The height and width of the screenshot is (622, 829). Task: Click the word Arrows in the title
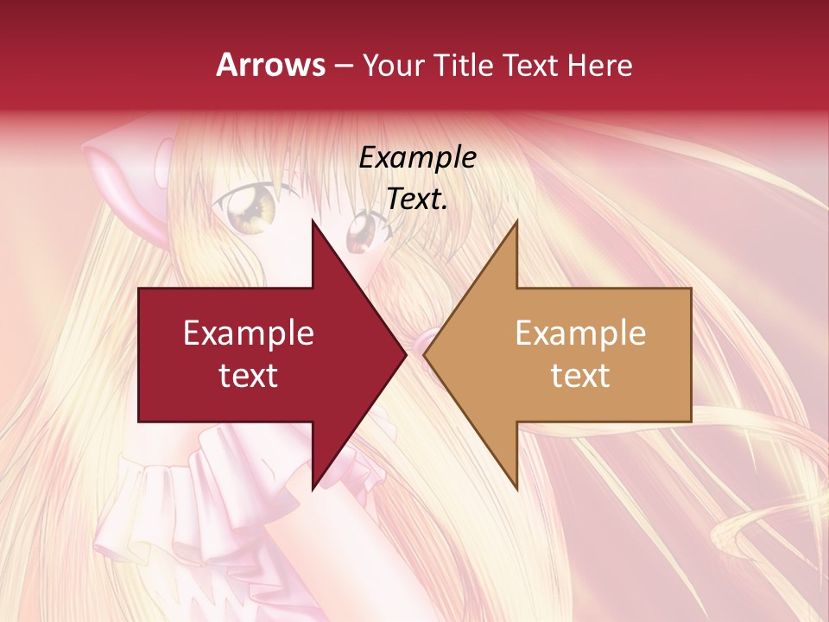coord(270,65)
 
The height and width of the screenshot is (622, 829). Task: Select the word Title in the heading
coord(463,66)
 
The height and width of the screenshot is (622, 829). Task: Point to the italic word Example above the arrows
coord(417,157)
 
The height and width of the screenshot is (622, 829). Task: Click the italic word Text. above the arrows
coord(417,199)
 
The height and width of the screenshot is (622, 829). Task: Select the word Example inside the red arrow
coord(249,333)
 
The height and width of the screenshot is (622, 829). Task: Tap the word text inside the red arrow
coord(249,375)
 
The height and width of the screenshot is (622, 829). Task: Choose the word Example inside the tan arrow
coord(580,333)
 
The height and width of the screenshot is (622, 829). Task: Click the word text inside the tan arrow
coord(580,375)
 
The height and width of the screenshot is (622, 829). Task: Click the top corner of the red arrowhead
coord(313,223)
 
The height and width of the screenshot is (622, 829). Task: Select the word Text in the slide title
coord(530,66)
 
